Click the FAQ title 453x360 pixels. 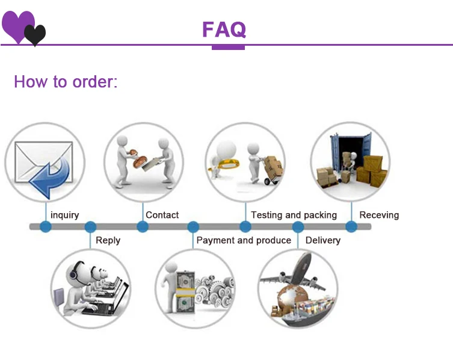click(x=224, y=29)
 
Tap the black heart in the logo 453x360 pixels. click(x=35, y=35)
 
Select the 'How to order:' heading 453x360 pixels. click(x=66, y=82)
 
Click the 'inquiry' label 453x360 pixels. click(x=64, y=215)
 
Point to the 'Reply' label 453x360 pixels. click(x=108, y=240)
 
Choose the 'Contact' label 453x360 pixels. click(x=162, y=215)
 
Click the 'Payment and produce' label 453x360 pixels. click(x=244, y=240)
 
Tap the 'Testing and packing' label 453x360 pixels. click(x=294, y=215)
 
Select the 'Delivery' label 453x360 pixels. click(x=322, y=240)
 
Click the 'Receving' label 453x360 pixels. click(x=379, y=215)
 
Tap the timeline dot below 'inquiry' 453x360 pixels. click(x=46, y=227)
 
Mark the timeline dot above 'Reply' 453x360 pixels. click(x=90, y=227)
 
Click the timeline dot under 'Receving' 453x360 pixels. click(x=351, y=227)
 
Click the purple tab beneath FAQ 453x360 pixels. click(x=228, y=47)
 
